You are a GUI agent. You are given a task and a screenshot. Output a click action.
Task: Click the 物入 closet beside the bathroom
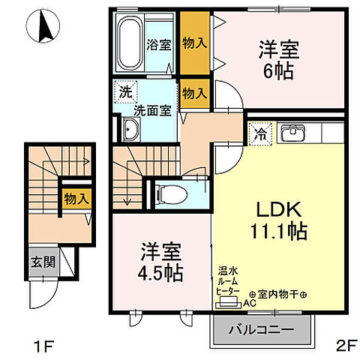tap(194, 43)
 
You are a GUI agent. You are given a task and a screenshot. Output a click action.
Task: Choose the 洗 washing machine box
tap(125, 94)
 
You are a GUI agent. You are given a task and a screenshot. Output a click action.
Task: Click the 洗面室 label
tap(153, 109)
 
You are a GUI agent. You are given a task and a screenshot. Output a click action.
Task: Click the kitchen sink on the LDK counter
tap(290, 134)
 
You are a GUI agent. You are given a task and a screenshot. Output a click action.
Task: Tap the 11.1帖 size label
tap(276, 232)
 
